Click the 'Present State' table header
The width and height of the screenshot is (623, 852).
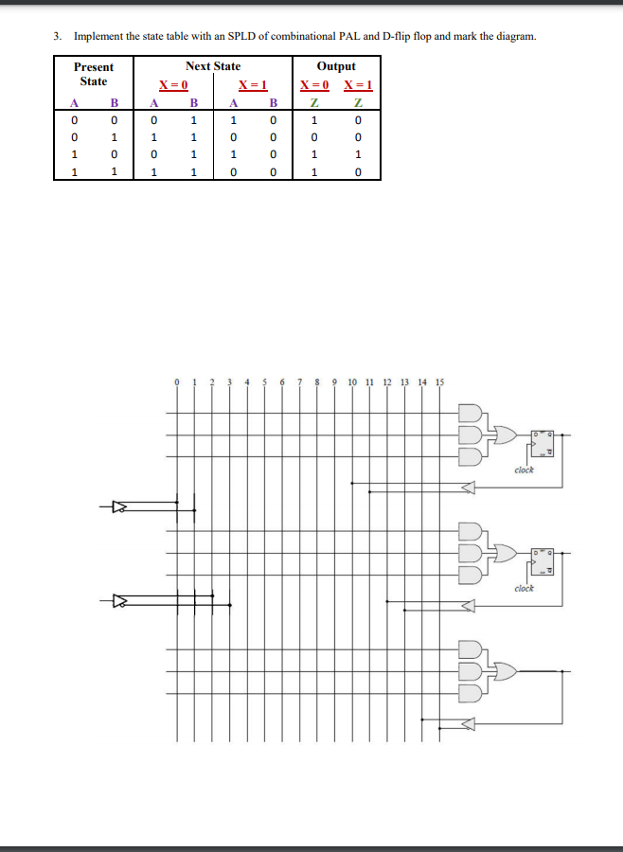click(93, 74)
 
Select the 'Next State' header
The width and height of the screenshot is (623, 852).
click(212, 66)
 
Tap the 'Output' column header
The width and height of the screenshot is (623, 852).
click(336, 66)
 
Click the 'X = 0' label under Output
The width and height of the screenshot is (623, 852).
click(314, 85)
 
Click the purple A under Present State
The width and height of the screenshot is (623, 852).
click(73, 102)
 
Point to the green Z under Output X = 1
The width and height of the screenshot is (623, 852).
click(359, 102)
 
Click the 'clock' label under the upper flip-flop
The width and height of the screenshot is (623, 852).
click(525, 470)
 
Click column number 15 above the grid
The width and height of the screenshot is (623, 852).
click(439, 383)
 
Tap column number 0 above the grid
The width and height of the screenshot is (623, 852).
click(177, 383)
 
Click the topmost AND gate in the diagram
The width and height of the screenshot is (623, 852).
click(471, 414)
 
